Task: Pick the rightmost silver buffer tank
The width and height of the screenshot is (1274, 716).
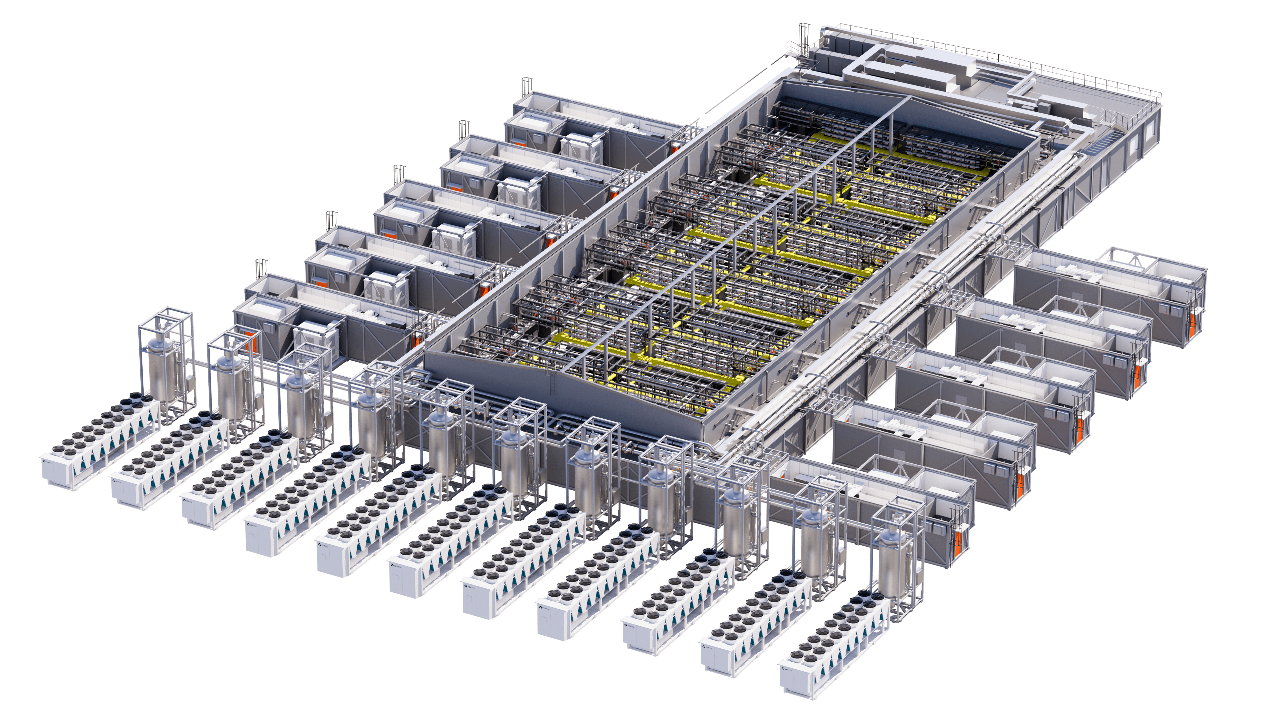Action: click(x=893, y=563)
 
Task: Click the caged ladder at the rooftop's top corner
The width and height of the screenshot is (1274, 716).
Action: click(x=802, y=39)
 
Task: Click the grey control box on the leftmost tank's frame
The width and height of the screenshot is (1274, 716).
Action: click(x=188, y=383)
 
